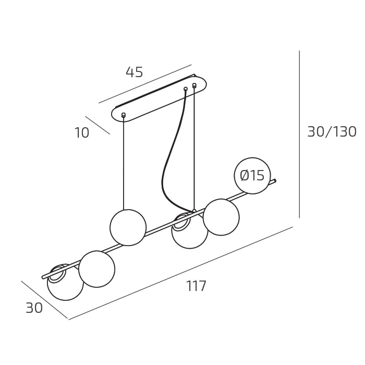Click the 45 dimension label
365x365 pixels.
click(x=135, y=72)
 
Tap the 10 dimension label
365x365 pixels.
click(x=82, y=133)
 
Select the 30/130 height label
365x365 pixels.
click(x=332, y=132)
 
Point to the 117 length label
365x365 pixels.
click(x=196, y=286)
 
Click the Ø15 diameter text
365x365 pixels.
click(x=252, y=175)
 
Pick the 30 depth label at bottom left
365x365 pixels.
click(x=34, y=308)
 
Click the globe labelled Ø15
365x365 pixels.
click(x=252, y=176)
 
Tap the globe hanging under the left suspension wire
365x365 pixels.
click(x=128, y=227)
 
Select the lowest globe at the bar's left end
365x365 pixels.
click(x=65, y=282)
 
